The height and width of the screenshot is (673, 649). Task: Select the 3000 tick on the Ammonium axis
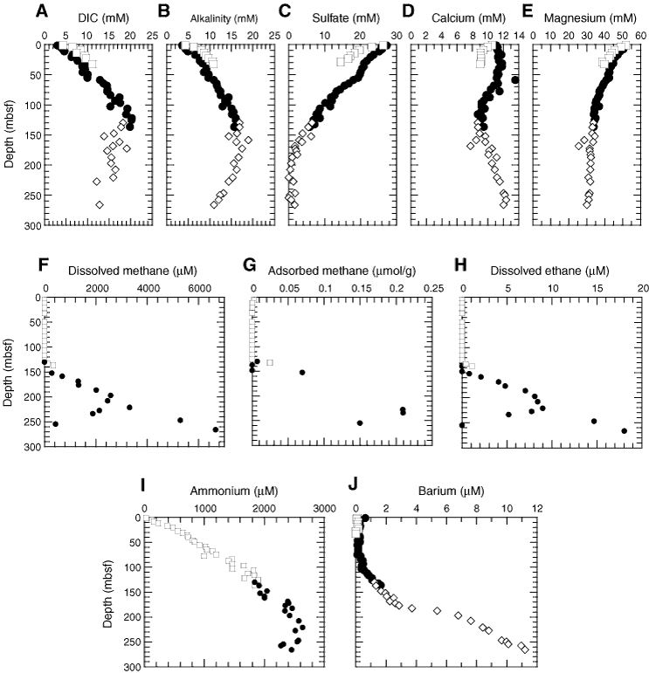[x=324, y=508]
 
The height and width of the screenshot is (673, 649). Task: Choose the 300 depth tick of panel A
[x=31, y=225]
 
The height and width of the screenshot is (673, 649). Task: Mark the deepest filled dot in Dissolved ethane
[x=625, y=430]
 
